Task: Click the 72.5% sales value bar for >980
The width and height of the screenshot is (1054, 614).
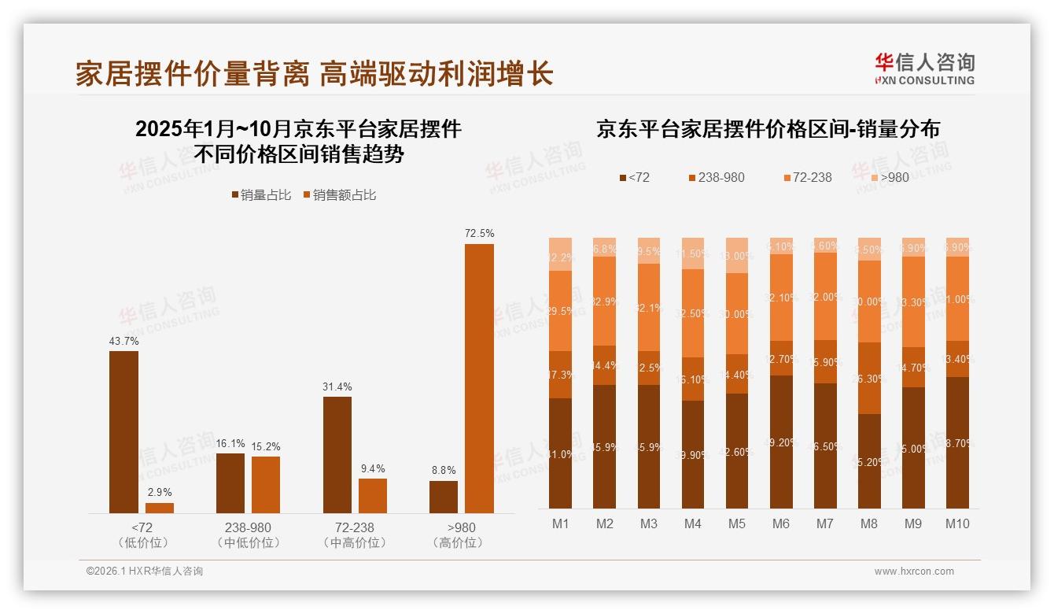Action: (479, 378)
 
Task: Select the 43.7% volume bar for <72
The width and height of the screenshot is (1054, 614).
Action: (123, 432)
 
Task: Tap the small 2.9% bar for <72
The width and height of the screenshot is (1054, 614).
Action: (160, 508)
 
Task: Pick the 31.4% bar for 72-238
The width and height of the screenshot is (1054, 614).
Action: (337, 454)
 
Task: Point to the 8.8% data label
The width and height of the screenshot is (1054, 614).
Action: (444, 470)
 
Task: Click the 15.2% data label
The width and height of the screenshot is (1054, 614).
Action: (266, 446)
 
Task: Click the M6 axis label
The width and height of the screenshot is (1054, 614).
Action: (781, 523)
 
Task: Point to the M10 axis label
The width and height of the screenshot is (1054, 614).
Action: (957, 523)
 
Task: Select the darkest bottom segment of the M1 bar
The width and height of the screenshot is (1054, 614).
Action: (560, 453)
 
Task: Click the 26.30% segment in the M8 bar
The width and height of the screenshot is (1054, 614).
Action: (869, 378)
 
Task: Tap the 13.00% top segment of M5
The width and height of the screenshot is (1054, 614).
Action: (737, 255)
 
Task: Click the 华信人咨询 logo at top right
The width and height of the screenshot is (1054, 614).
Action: (924, 68)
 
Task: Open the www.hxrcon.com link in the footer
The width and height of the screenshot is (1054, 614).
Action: (913, 571)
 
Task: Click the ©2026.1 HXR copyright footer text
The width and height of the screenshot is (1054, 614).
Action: (144, 571)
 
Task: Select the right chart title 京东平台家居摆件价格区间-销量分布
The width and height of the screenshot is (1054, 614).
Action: (768, 129)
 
